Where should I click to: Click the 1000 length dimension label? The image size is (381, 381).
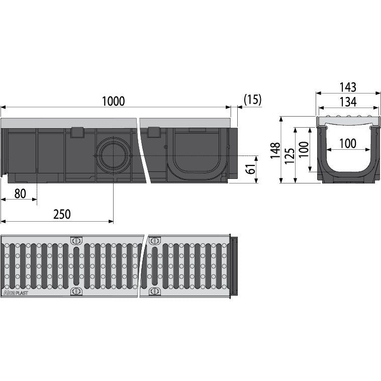tap(113, 101)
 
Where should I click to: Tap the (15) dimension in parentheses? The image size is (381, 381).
tap(252, 100)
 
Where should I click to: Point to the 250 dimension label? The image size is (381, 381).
tap(62, 214)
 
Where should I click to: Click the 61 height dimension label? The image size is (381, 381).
tap(250, 168)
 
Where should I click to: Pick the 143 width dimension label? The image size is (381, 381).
tap(348, 87)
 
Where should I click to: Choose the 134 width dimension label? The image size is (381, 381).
tap(348, 102)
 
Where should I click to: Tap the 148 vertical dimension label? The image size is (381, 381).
tap(275, 151)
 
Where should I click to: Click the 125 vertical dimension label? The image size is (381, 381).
tap(290, 155)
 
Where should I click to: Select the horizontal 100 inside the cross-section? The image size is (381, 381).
tap(348, 143)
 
